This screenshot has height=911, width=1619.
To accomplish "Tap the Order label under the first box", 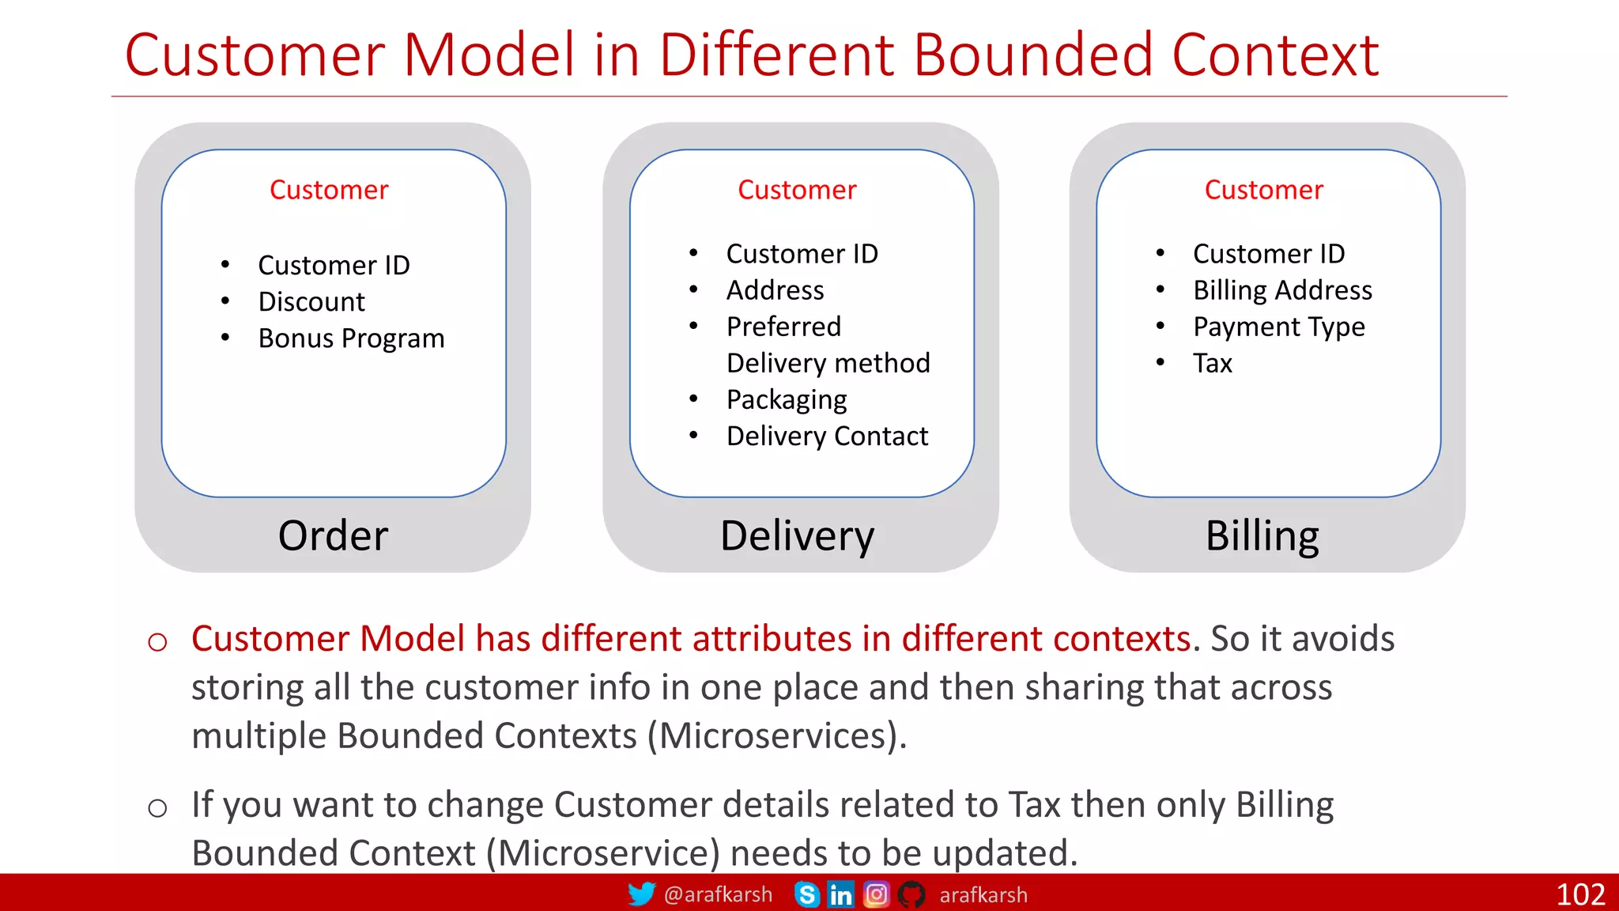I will click(x=333, y=536).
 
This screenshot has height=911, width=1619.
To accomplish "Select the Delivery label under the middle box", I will click(x=797, y=536).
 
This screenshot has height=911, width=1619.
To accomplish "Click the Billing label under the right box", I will click(x=1262, y=536).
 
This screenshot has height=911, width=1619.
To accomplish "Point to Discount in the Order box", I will click(x=311, y=302).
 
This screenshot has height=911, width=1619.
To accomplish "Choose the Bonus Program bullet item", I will click(x=351, y=338).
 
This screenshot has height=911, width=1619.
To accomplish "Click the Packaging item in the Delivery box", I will click(x=787, y=399).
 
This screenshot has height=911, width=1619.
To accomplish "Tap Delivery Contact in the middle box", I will click(x=827, y=437).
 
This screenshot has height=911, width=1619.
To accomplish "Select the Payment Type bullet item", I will click(x=1278, y=327).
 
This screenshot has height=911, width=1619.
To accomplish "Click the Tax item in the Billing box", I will click(x=1212, y=364).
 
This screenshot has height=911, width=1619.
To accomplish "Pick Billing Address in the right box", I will click(x=1282, y=290).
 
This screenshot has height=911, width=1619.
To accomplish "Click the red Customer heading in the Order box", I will click(x=329, y=191).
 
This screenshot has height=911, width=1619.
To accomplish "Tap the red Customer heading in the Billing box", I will click(x=1263, y=191).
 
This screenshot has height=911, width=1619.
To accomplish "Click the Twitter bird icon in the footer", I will click(x=641, y=894).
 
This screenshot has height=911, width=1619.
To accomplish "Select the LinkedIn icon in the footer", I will click(x=841, y=894).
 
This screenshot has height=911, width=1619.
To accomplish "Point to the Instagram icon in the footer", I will click(x=876, y=894).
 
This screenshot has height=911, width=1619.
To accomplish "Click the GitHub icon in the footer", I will click(x=911, y=894).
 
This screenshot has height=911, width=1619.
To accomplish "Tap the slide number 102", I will click(x=1579, y=894).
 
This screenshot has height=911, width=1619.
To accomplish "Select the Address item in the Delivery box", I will click(x=775, y=290).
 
